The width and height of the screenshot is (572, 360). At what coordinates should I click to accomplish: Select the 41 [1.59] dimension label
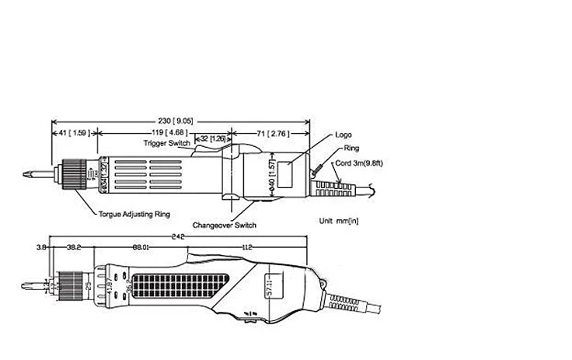tap(74, 134)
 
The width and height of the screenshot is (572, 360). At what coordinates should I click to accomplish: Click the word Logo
tap(343, 135)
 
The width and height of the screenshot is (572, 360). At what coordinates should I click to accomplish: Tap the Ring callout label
tap(343, 148)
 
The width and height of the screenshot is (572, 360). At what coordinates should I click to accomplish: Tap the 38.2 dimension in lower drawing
tap(75, 248)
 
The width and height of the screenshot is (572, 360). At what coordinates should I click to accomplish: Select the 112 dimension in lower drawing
tap(248, 248)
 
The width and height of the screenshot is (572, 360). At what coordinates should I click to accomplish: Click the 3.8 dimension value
tap(41, 248)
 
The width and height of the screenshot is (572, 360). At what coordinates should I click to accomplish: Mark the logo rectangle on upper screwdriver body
tap(287, 175)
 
